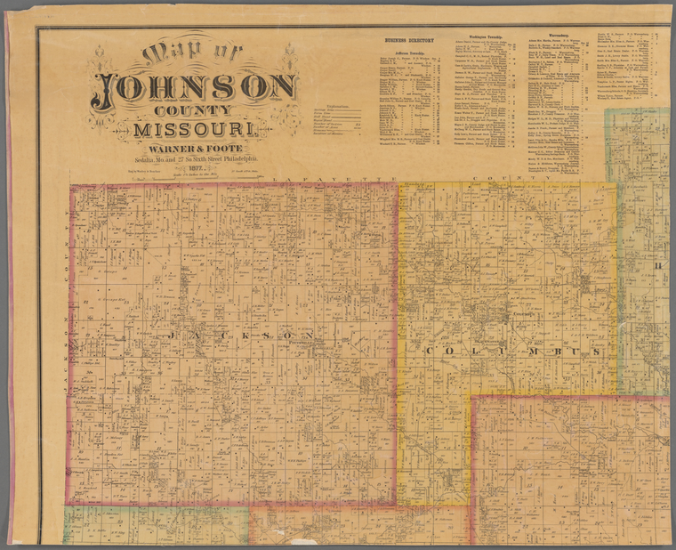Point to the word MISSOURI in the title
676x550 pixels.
click(197, 131)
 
